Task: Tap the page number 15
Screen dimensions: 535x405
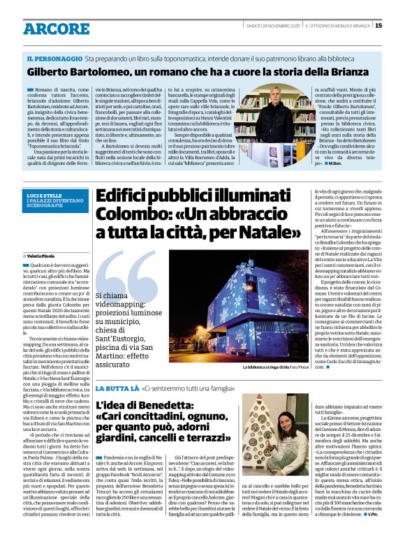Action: pos(378,26)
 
